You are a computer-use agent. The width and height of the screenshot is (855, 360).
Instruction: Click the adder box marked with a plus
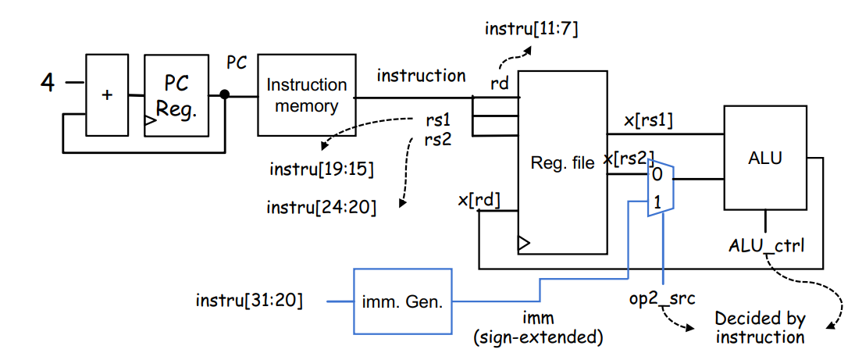pyautogui.click(x=108, y=94)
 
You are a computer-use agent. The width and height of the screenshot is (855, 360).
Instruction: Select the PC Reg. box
pyautogui.click(x=176, y=95)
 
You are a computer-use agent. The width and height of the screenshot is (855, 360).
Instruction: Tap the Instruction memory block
pyautogui.click(x=306, y=95)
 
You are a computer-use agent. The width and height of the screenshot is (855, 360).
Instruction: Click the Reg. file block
pyautogui.click(x=562, y=162)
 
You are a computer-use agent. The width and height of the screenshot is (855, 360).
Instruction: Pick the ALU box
pyautogui.click(x=765, y=158)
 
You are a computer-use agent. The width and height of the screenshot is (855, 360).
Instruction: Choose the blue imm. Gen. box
pyautogui.click(x=403, y=301)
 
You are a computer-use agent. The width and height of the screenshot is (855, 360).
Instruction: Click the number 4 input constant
pyautogui.click(x=48, y=83)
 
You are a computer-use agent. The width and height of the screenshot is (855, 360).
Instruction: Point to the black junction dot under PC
pyautogui.click(x=225, y=94)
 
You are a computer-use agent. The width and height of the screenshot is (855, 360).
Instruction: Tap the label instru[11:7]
pyautogui.click(x=531, y=28)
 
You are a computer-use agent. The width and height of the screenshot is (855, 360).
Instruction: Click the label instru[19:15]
pyautogui.click(x=322, y=169)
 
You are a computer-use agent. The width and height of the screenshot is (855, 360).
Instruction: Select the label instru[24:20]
pyautogui.click(x=321, y=208)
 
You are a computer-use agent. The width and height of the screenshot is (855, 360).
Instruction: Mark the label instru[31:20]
pyautogui.click(x=248, y=301)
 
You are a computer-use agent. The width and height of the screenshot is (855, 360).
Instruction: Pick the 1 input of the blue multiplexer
pyautogui.click(x=657, y=203)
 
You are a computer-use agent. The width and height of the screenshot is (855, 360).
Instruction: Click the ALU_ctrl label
pyautogui.click(x=766, y=246)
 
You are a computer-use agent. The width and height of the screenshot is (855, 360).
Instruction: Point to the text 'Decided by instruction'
pyautogui.click(x=760, y=328)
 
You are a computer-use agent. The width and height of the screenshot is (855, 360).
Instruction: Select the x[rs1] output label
pyautogui.click(x=649, y=122)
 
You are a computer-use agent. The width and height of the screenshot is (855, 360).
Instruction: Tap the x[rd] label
pyautogui.click(x=479, y=200)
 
